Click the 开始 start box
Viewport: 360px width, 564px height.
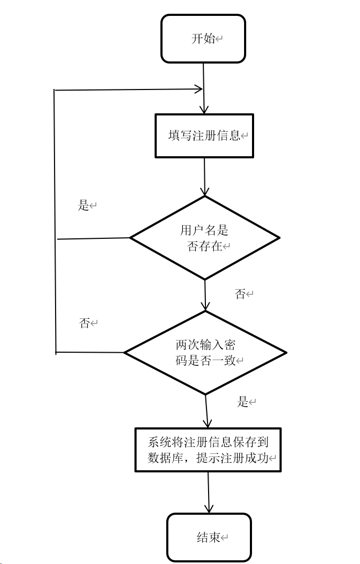[203, 39]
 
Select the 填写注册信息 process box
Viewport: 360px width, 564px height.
[204, 136]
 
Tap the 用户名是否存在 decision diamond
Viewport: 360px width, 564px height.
[204, 238]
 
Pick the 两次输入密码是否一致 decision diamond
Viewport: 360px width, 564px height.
[205, 352]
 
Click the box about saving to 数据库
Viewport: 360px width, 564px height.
[208, 450]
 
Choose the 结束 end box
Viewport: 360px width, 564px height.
[209, 538]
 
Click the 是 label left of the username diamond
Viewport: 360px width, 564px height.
[84, 205]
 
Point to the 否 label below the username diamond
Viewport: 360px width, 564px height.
[240, 293]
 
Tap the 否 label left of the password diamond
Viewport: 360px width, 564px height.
[85, 323]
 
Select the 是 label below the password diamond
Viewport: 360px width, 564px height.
[243, 402]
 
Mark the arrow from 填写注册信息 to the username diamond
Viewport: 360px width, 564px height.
[204, 176]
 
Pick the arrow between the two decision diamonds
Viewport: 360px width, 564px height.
[205, 294]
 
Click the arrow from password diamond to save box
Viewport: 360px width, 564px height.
[206, 411]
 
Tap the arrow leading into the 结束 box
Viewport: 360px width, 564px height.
[209, 492]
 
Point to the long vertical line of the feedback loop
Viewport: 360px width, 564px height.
[55, 222]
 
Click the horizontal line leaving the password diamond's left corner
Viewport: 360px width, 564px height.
[90, 352]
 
